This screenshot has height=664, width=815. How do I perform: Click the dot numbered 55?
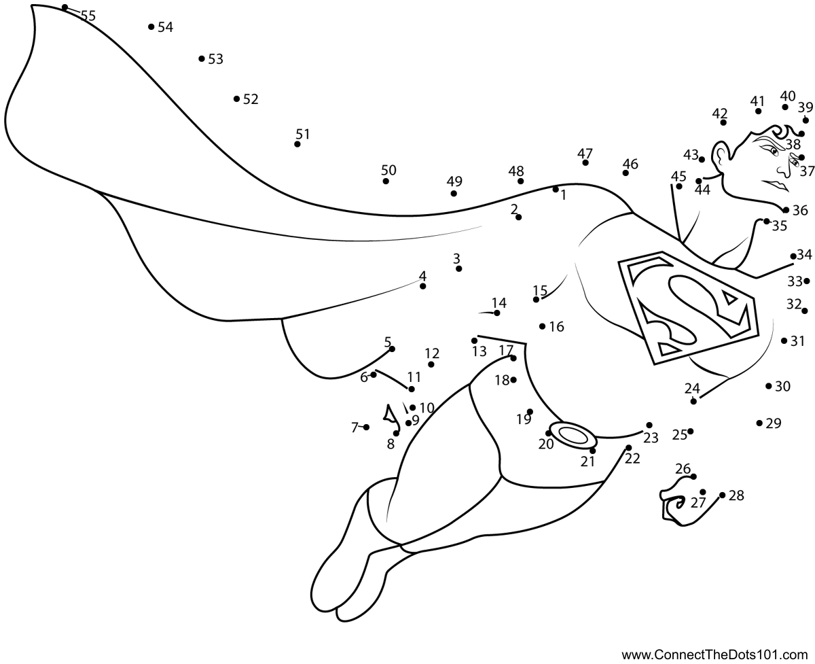point(65,7)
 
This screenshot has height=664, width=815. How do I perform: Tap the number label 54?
point(165,27)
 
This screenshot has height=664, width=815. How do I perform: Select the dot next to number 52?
point(236,99)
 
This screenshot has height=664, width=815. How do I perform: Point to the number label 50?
point(388,170)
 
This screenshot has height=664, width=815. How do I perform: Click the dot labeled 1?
point(556,189)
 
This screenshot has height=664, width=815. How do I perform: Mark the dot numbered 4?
point(423,286)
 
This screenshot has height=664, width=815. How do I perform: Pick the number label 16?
point(556,327)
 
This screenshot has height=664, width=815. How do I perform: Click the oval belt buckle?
point(573,434)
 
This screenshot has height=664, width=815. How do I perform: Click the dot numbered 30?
point(769,386)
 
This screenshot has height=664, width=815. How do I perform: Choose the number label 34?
point(804,255)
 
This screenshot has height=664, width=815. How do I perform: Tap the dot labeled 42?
point(723,122)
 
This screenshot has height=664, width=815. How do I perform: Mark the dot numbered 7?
point(366,427)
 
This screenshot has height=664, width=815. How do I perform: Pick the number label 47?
point(585,154)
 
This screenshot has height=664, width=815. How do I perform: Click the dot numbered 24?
point(693,401)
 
